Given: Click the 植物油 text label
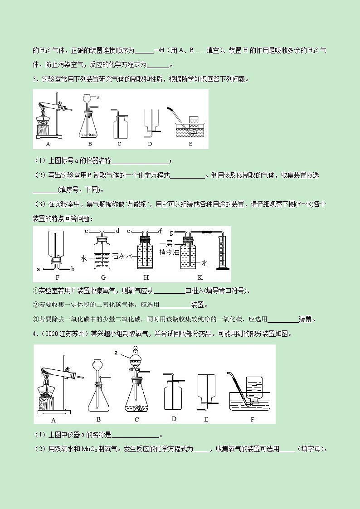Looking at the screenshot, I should [169, 252].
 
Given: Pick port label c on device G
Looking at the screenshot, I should [86, 231].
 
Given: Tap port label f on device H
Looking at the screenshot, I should [160, 231].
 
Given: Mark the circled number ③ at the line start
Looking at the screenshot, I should [36, 319].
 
